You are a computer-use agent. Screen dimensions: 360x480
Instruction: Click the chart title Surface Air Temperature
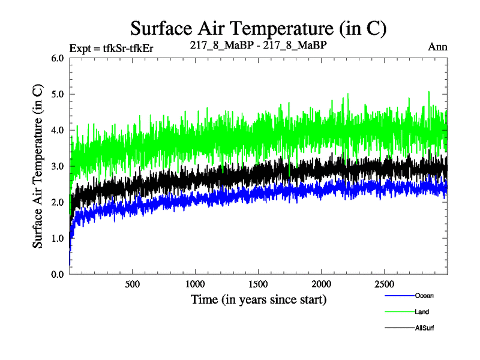[257, 28]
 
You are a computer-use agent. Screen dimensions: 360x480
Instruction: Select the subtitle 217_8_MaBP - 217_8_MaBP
[257, 45]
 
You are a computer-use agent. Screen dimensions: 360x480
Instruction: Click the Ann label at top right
[438, 46]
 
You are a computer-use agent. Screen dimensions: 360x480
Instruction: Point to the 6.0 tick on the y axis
[58, 58]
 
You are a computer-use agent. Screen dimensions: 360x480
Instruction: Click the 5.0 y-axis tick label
[58, 94]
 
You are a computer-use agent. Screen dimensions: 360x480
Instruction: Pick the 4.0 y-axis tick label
[58, 130]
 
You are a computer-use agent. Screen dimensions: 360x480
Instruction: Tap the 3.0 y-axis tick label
[58, 166]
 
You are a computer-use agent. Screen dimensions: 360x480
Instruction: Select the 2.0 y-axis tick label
[58, 202]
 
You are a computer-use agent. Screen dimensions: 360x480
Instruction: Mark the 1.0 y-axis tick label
[58, 238]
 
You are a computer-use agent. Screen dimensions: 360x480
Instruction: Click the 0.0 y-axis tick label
[58, 274]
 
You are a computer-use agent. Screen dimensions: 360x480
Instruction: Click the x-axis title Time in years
[259, 299]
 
